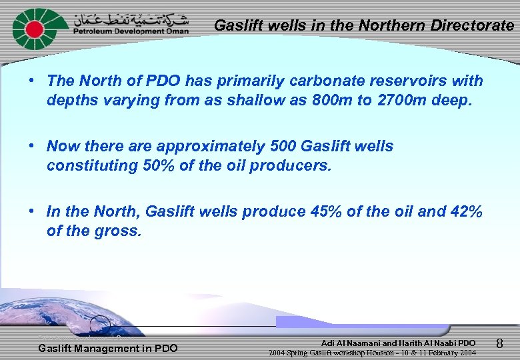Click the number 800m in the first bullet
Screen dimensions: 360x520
tap(337, 101)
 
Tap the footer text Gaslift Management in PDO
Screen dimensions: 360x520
tap(107, 348)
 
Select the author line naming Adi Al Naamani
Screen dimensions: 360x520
tap(398, 343)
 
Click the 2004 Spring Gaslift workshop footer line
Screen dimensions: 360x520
tap(372, 353)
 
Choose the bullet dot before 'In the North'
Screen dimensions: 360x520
tap(32, 212)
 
